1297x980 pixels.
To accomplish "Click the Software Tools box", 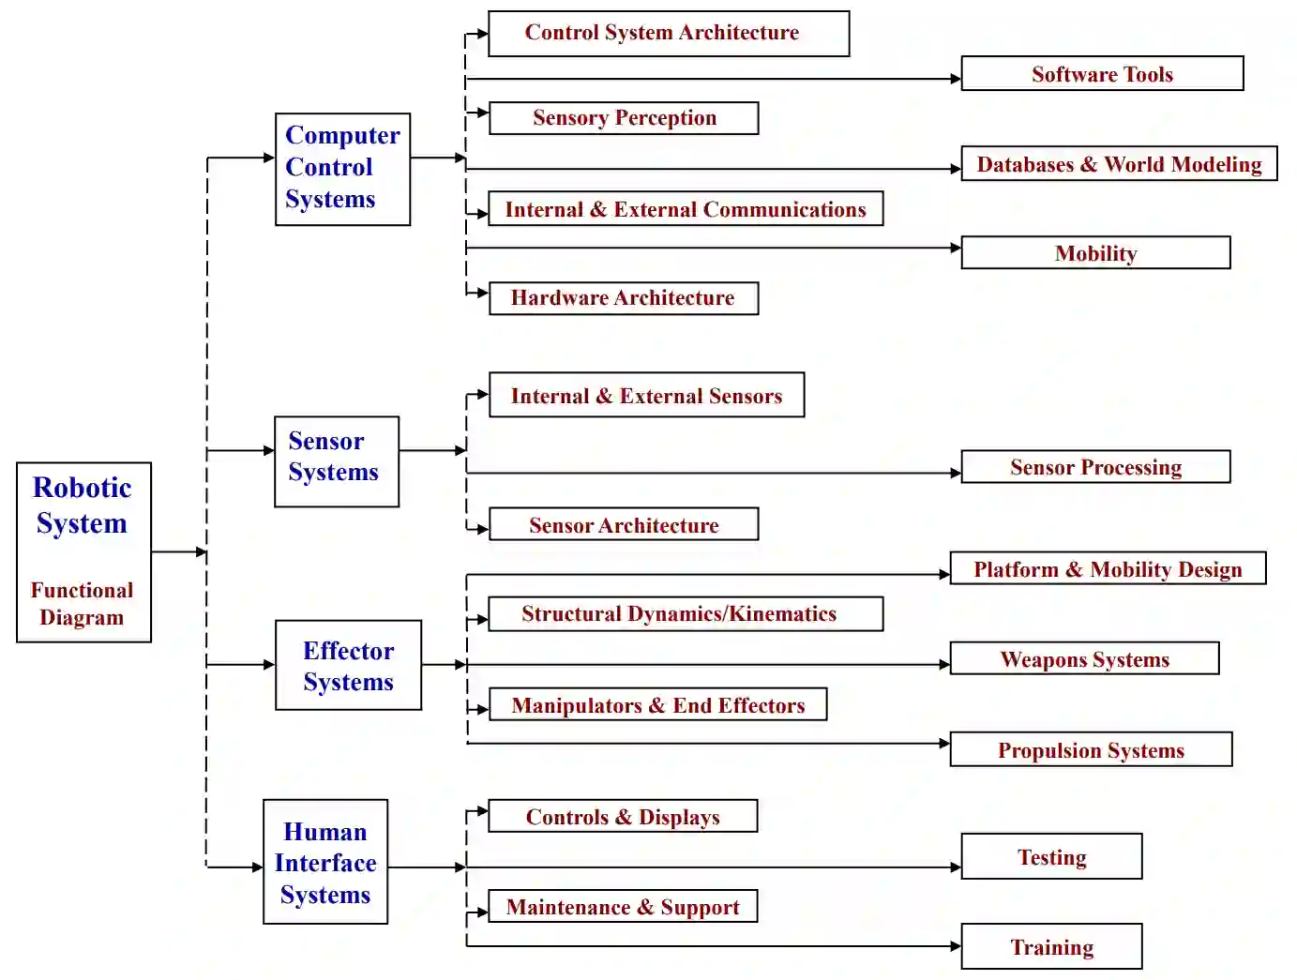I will [x=1102, y=74].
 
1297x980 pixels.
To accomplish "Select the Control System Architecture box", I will [x=668, y=34].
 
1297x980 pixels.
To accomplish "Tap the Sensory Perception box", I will [x=624, y=118].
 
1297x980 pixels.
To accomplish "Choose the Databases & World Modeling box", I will [x=1118, y=164].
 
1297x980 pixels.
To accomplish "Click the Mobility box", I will [x=1095, y=253].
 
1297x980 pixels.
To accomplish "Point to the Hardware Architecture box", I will [x=623, y=298].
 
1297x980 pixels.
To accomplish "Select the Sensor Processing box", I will [x=1095, y=467].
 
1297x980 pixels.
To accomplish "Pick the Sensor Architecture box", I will [x=623, y=525].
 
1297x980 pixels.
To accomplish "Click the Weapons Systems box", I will [x=1084, y=659].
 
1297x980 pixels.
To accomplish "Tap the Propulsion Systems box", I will [x=1091, y=750].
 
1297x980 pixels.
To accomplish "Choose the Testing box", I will [x=1051, y=857].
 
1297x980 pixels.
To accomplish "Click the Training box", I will [x=1051, y=947].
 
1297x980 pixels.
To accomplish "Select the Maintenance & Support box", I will [x=623, y=907].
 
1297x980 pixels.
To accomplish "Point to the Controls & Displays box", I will [x=623, y=817].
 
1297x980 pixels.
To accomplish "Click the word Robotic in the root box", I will [x=83, y=488].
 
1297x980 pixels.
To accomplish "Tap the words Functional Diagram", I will [x=82, y=604].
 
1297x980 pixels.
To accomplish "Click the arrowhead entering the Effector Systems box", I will [x=269, y=665].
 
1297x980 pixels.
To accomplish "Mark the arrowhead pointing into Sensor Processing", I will [x=956, y=474].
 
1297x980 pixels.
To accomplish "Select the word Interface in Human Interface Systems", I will [x=325, y=863].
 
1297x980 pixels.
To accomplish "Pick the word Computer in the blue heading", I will [x=342, y=135].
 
